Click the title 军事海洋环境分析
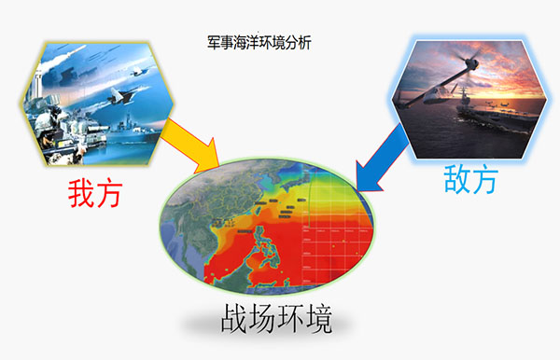click(x=259, y=43)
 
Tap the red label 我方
click(x=95, y=193)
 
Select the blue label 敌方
click(x=470, y=179)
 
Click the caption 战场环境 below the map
click(x=276, y=318)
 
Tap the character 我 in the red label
click(x=81, y=193)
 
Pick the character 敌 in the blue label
click(x=457, y=179)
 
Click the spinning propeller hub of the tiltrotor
click(x=472, y=64)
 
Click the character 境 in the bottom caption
click(x=318, y=318)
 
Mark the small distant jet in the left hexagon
click(x=137, y=72)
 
